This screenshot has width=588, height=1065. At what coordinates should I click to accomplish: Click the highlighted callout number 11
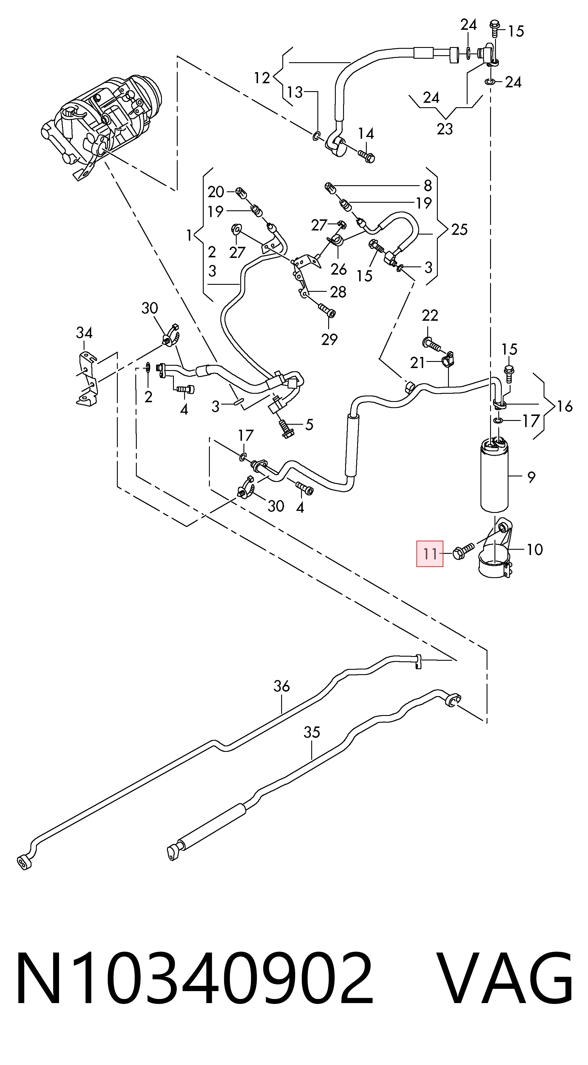(x=430, y=554)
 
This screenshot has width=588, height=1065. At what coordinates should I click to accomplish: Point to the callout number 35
(x=312, y=733)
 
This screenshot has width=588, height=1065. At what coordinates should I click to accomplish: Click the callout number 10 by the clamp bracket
(x=535, y=549)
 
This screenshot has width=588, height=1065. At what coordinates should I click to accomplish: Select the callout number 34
(x=84, y=332)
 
